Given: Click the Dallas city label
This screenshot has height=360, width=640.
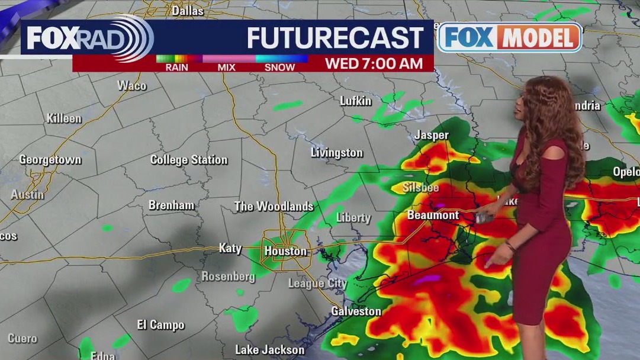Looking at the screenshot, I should (187, 11).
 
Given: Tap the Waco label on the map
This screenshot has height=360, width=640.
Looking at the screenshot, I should (131, 85).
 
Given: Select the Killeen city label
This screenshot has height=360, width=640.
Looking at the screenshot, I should (64, 118).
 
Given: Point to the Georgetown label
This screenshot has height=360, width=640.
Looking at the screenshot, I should (50, 160).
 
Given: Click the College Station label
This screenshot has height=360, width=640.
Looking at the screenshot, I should (189, 160).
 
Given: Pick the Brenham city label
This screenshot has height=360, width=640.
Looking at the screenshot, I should (171, 205).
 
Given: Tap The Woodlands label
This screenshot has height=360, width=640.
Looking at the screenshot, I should (274, 207).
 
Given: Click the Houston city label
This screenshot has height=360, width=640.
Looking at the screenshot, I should (285, 251).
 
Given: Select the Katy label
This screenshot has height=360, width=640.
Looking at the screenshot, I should (230, 248).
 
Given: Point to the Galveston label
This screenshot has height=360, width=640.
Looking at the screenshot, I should (356, 311).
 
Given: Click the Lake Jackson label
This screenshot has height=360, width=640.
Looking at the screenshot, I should (270, 349).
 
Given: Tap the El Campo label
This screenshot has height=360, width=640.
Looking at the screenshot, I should (160, 325).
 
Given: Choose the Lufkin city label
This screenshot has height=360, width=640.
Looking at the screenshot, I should (356, 101).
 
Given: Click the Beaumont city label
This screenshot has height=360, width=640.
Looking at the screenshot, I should (433, 215).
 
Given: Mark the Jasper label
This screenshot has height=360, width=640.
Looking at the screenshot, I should (432, 135).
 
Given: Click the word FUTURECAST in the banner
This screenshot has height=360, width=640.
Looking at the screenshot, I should (335, 38).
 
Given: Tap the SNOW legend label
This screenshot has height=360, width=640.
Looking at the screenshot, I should (279, 67).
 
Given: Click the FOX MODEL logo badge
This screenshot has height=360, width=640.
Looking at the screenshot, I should (510, 38).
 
